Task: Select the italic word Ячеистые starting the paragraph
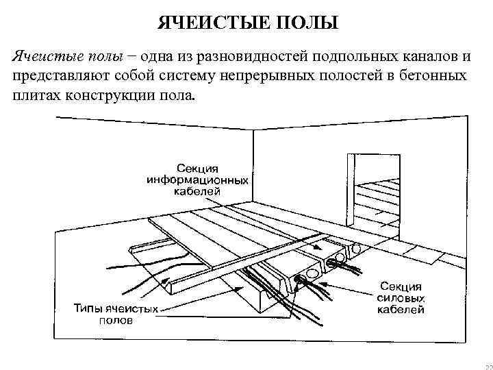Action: click(x=41, y=55)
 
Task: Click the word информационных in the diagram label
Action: click(x=198, y=180)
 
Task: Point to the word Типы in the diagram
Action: click(x=88, y=309)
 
